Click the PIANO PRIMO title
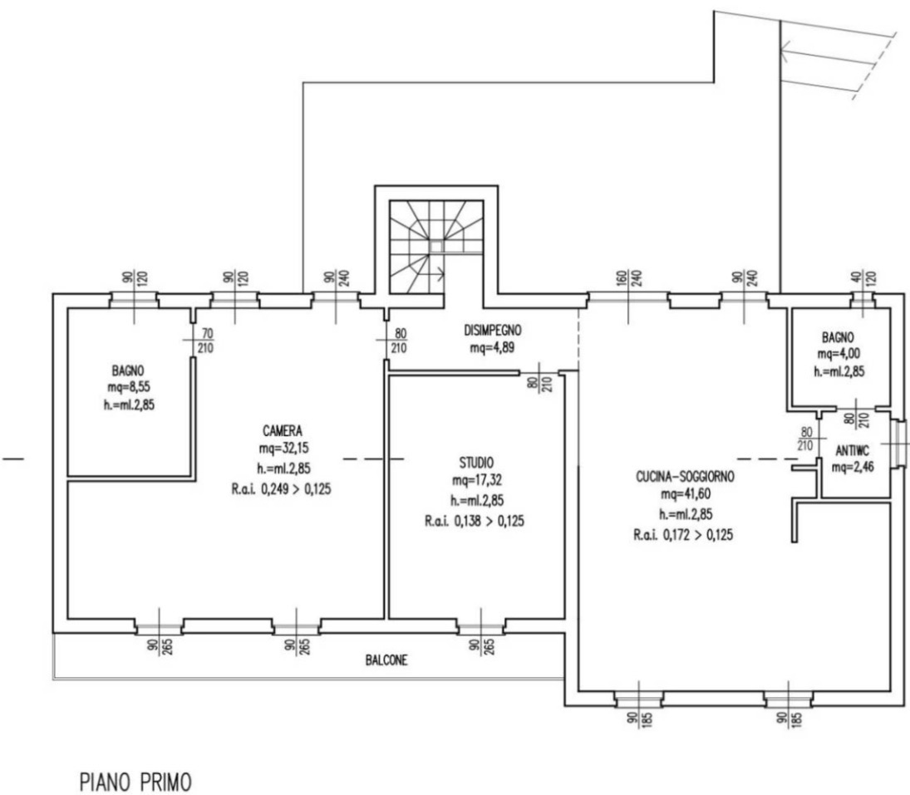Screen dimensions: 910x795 [135, 783]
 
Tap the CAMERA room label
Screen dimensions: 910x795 [283, 430]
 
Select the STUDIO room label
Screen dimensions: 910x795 [476, 463]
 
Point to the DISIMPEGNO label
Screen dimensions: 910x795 [493, 330]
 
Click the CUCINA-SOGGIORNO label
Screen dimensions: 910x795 [686, 477]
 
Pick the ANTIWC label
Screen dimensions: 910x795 [853, 450]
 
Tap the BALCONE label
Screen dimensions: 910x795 [386, 660]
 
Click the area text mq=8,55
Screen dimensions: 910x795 [129, 387]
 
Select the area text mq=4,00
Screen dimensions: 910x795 [839, 353]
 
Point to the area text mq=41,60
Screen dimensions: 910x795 [686, 493]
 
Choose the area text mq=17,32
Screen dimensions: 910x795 [477, 480]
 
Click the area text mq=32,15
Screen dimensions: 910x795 [283, 448]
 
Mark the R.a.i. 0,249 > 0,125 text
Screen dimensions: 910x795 [282, 489]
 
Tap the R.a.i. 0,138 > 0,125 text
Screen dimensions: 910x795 [475, 521]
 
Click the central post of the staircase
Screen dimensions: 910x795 [436, 246]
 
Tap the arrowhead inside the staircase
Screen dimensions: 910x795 [440, 272]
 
